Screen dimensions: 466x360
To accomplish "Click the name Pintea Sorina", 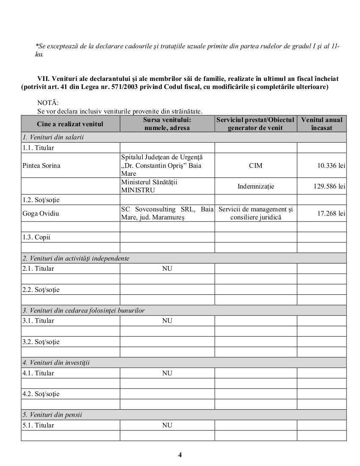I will pos(41,166).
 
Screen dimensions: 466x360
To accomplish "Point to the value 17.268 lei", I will pos(331,214).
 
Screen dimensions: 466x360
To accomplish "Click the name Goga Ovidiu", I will pos(41,214).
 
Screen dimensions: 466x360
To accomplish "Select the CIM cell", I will pos(255,166).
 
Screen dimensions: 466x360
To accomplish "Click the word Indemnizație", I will pos(255,186).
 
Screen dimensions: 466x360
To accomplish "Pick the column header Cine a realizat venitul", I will pos(70,124).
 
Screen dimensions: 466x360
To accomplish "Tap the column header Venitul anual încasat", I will pos(321,124).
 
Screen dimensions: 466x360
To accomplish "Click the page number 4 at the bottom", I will pos(180,455).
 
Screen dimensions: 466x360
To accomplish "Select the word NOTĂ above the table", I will pos(48,103).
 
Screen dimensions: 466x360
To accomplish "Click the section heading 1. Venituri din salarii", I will pos(53,137).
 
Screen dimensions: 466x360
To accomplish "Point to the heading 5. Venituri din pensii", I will pos(52,415).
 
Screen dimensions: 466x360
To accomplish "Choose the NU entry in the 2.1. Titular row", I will pos(167,269).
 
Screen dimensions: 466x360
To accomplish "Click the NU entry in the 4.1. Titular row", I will pos(167,373).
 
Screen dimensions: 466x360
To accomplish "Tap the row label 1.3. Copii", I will pos(36,237).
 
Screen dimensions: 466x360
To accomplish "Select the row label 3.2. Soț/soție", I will pos(41,342).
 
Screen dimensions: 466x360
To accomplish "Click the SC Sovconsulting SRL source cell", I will pos(167,214).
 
